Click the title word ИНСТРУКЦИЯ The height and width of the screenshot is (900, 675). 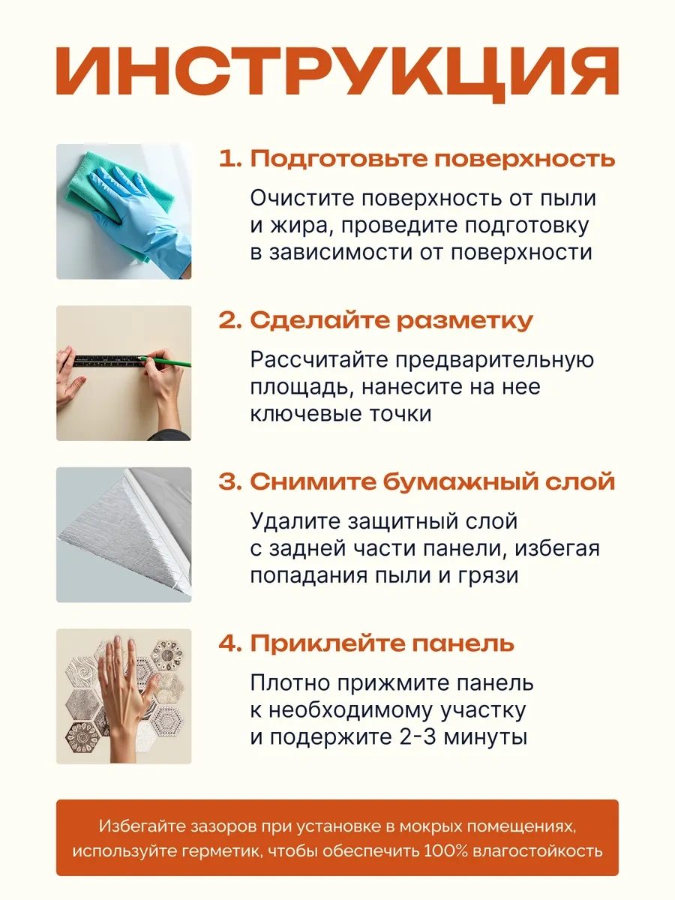tap(337, 73)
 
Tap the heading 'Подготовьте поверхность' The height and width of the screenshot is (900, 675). tap(433, 159)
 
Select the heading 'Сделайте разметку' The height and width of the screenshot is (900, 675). tap(391, 320)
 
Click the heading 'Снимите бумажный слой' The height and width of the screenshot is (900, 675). tap(433, 481)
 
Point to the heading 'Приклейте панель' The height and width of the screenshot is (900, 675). tap(382, 643)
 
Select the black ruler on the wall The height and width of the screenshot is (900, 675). tap(109, 361)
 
